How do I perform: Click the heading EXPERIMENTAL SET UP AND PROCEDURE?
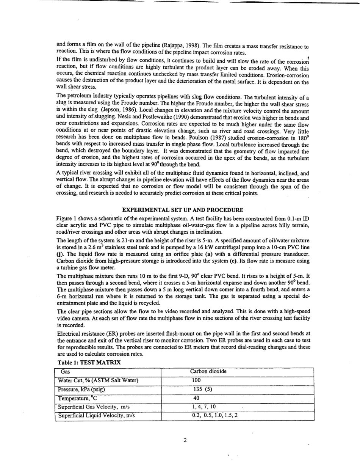point(182,210)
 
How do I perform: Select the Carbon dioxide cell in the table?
point(208,372)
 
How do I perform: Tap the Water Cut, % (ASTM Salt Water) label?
point(98,380)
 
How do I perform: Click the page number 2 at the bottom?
point(185,440)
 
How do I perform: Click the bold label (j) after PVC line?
point(58,253)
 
